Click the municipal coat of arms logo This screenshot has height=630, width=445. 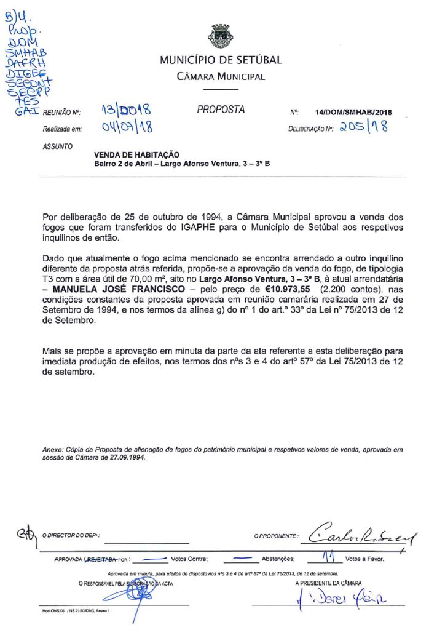221,36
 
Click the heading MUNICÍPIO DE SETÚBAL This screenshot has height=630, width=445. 221,60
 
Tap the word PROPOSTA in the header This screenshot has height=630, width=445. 221,110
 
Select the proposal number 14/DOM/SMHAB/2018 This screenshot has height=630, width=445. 353,113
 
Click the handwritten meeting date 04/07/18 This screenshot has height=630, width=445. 127,127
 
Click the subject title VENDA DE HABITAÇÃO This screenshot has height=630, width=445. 136,156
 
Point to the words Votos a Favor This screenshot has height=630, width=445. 364,559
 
